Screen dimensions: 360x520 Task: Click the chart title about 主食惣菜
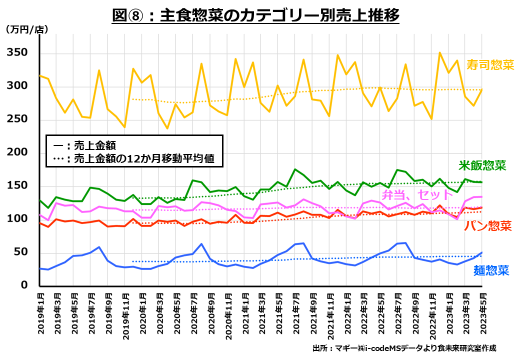click(255, 16)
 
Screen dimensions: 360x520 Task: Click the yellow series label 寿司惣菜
click(489, 65)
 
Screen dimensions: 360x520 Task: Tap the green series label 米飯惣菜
click(483, 165)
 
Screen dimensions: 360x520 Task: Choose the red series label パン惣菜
click(487, 226)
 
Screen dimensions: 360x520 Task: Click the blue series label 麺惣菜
click(491, 271)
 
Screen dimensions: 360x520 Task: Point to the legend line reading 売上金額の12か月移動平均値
click(137, 159)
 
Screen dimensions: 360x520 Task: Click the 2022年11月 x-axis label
click(432, 312)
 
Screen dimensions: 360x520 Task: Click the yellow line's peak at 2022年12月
click(440, 52)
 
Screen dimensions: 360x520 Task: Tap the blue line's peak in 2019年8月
click(99, 247)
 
